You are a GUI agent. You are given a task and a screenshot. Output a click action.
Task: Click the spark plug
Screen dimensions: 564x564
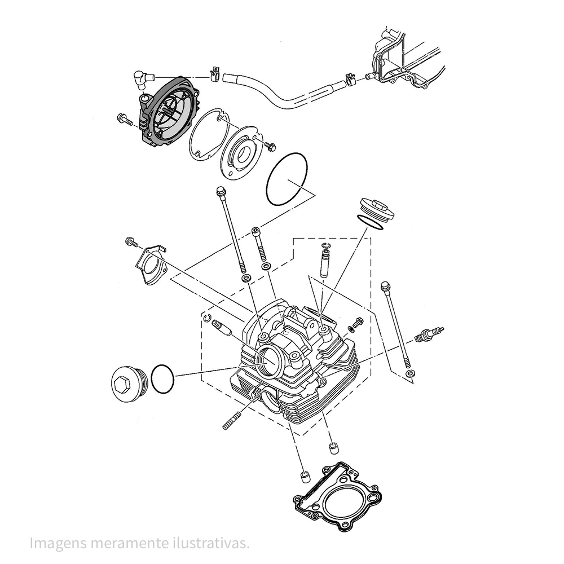pos(430,334)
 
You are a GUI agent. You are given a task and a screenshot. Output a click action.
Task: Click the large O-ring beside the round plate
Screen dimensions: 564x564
pos(287,179)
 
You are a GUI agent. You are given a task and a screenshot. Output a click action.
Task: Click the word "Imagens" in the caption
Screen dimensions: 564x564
pos(57,543)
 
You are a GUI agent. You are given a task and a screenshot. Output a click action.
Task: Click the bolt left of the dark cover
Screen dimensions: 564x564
pos(124,119)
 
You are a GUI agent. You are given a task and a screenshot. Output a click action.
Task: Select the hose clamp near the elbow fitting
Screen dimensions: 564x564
pos(215,73)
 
